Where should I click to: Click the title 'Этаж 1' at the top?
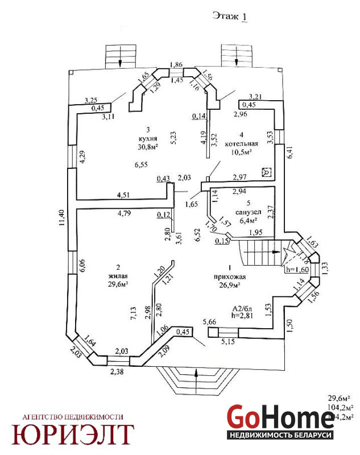(x=230, y=16)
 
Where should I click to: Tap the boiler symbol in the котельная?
(x=265, y=172)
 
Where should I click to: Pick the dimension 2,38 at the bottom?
(x=117, y=372)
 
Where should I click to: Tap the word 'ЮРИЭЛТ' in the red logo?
(x=75, y=434)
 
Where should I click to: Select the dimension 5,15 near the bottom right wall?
(x=228, y=342)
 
